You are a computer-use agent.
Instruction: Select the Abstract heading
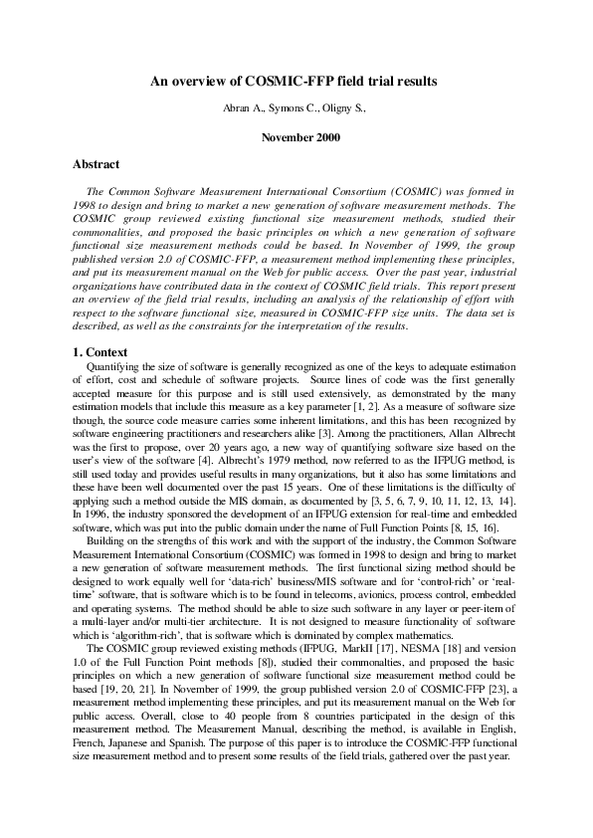[x=97, y=164]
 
